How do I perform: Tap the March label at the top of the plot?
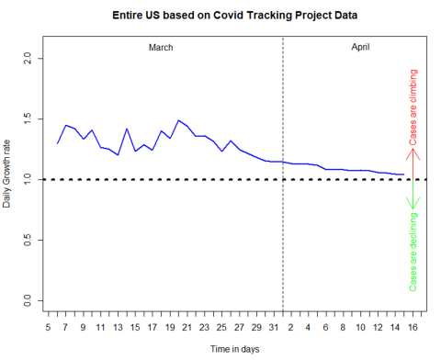pyautogui.click(x=161, y=47)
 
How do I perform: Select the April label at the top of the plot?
pyautogui.click(x=360, y=47)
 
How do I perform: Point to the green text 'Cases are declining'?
pyautogui.click(x=413, y=251)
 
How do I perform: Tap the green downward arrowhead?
pyautogui.click(x=413, y=204)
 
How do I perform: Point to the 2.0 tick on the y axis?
pyautogui.click(x=27, y=58)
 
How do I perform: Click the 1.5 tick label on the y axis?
pyautogui.click(x=27, y=118)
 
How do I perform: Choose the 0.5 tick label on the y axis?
pyautogui.click(x=27, y=241)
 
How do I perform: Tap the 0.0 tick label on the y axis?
pyautogui.click(x=27, y=301)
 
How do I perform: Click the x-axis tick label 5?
pyautogui.click(x=48, y=325)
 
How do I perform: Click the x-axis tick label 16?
pyautogui.click(x=413, y=325)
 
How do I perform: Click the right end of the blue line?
pyautogui.click(x=403, y=174)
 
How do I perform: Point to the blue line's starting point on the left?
pyautogui.click(x=57, y=143)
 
